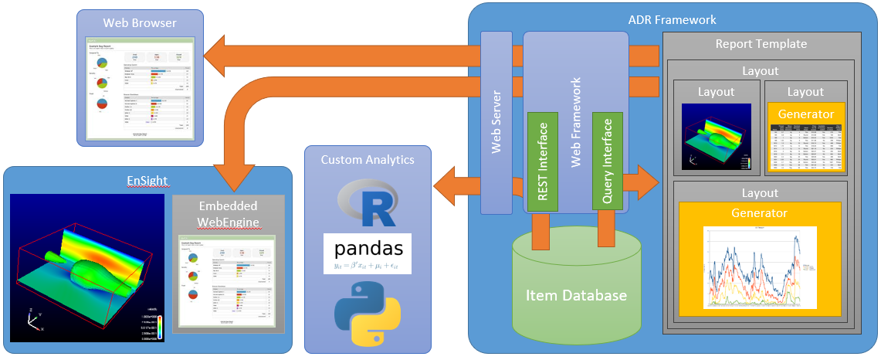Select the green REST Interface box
click(542, 161)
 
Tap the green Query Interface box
click(607, 161)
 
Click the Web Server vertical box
click(496, 122)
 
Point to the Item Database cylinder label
click(577, 295)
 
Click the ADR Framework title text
click(673, 19)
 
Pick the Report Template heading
click(761, 44)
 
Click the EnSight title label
click(149, 181)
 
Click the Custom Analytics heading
click(367, 160)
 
